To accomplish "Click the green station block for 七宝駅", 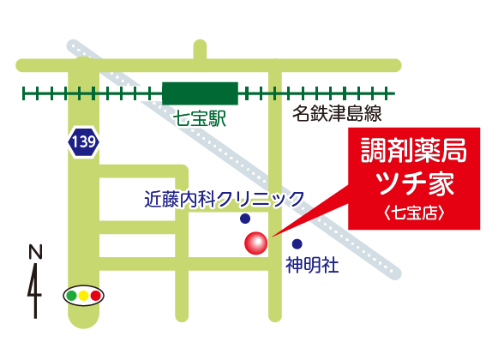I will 200,93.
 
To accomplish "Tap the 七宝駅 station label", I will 200,120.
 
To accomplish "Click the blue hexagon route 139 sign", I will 84,142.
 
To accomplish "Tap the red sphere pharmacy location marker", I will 256,243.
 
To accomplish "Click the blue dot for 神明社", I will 297,243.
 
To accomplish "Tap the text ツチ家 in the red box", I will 414,183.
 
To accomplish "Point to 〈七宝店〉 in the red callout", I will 414,211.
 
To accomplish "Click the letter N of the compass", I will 35,252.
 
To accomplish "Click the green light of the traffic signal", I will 71,296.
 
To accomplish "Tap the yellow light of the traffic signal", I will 83,296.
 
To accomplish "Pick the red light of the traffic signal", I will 95,296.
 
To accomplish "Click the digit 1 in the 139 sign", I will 76,142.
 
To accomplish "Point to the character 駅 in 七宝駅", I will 216,120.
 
